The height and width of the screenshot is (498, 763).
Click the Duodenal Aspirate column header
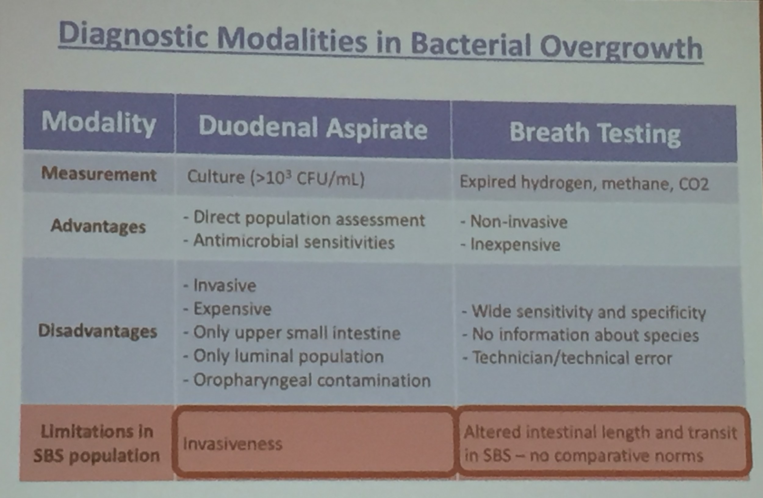point(313,128)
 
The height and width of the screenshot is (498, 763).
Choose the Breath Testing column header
point(595,133)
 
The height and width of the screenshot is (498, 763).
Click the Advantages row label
point(98,226)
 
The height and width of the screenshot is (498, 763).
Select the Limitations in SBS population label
point(96,444)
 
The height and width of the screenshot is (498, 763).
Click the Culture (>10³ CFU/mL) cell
point(276,178)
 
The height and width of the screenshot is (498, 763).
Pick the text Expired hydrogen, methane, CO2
point(584,183)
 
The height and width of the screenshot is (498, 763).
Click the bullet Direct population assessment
point(304,219)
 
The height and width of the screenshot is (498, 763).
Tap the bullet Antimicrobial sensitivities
point(289,241)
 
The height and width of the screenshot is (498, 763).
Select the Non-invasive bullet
point(514,222)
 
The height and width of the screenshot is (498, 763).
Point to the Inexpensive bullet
point(510,245)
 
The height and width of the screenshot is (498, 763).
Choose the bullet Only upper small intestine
point(292,333)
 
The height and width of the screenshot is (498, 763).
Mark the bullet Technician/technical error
point(567,358)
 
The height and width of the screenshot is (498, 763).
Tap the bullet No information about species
point(580,335)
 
